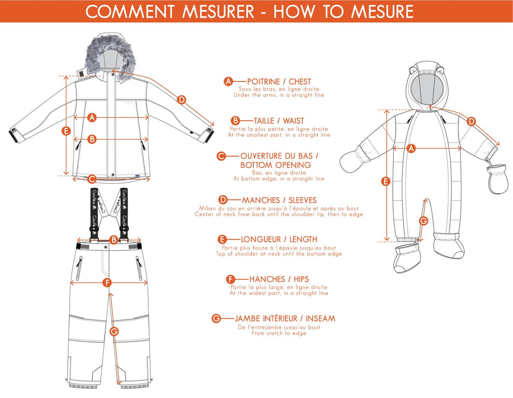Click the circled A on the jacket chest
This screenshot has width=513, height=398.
pyautogui.click(x=91, y=118)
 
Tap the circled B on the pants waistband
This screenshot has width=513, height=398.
pyautogui.click(x=113, y=240)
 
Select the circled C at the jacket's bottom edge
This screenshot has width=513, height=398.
pyautogui.click(x=91, y=179)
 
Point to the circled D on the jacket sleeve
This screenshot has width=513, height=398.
pyautogui.click(x=181, y=100)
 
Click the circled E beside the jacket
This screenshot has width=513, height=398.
pyautogui.click(x=66, y=131)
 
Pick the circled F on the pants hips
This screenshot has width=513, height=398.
pyautogui.click(x=106, y=283)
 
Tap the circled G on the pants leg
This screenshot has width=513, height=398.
pyautogui.click(x=114, y=331)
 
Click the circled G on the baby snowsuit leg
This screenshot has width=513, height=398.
pyautogui.click(x=423, y=220)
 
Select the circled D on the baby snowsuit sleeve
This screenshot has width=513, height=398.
pyautogui.click(x=471, y=121)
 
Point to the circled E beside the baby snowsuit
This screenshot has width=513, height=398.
pyautogui.click(x=385, y=181)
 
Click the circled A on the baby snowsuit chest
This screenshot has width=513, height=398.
pyautogui.click(x=411, y=148)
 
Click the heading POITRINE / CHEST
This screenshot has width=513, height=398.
pyautogui.click(x=279, y=82)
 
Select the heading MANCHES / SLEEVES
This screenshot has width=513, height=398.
pyautogui.click(x=279, y=200)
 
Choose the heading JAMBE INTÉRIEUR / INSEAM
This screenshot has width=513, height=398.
pyautogui.click(x=285, y=318)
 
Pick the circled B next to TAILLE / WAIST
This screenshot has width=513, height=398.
pyautogui.click(x=235, y=121)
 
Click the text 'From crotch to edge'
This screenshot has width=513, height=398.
pyautogui.click(x=279, y=333)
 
